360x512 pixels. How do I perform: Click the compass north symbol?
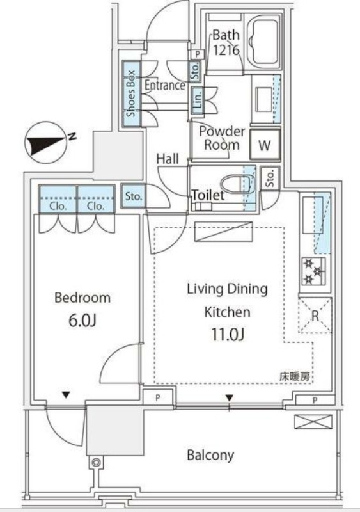[45, 143]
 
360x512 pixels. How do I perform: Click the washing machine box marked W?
[265, 145]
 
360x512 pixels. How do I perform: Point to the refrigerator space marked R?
[315, 315]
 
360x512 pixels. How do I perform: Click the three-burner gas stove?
[313, 271]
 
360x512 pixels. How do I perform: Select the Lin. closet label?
[198, 100]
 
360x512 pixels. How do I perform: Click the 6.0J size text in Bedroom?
[82, 321]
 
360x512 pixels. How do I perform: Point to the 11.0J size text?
[228, 334]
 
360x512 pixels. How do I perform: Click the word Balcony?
[210, 455]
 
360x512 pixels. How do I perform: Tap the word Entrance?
[165, 86]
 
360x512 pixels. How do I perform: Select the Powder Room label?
[222, 138]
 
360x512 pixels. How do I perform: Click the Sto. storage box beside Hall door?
[134, 196]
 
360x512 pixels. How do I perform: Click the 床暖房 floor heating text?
[294, 377]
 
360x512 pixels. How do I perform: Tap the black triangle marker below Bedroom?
[67, 395]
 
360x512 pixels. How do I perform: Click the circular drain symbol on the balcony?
[96, 462]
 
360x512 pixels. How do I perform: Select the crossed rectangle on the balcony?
[313, 422]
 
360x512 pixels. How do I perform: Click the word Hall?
[168, 159]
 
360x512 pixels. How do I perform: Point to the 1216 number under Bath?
[226, 50]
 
